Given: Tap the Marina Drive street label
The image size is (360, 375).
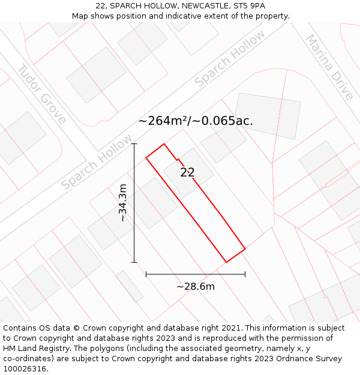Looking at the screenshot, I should (x=329, y=67).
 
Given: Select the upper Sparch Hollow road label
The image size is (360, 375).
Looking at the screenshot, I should (x=230, y=58).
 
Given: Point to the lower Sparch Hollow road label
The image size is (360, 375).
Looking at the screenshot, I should (x=97, y=162).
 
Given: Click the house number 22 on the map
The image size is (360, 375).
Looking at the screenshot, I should (x=187, y=173).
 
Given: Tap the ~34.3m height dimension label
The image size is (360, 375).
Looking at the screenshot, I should (x=123, y=203).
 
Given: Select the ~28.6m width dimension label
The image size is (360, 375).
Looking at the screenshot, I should (x=196, y=286).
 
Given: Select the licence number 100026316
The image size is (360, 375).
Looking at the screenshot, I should (x=25, y=369).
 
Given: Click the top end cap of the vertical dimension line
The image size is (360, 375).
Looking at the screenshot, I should (x=134, y=144).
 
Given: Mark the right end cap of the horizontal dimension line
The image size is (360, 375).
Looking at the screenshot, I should (x=245, y=274).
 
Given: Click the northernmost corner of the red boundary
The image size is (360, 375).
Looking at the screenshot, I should (x=164, y=144).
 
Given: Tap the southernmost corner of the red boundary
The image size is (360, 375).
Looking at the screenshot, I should (x=226, y=262).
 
